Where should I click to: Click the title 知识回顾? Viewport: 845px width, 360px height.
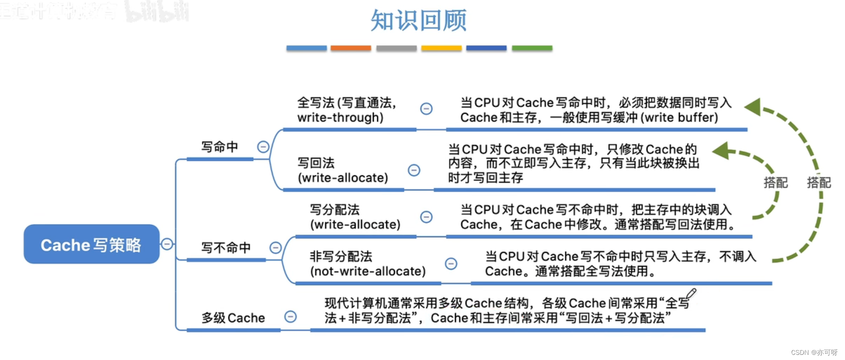(418, 21)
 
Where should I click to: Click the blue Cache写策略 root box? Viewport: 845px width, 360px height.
(91, 244)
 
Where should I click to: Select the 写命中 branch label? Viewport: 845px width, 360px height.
(219, 147)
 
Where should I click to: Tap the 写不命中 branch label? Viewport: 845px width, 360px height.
(226, 248)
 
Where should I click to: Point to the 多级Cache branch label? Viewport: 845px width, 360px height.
(233, 318)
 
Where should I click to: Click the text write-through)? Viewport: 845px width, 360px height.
(340, 118)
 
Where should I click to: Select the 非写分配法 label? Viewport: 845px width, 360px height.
(341, 257)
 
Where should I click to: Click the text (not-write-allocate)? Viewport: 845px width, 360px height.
(368, 272)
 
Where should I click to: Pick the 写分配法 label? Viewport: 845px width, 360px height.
(335, 210)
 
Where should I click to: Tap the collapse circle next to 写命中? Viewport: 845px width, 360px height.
(263, 147)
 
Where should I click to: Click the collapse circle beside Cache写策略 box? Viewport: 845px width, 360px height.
(167, 244)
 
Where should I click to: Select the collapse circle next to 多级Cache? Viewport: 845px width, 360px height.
(291, 317)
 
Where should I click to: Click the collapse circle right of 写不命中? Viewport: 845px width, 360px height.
(276, 248)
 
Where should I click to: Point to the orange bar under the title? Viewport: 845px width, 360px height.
(350, 48)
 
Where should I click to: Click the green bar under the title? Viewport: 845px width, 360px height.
(532, 48)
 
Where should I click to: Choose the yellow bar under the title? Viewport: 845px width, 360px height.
(441, 48)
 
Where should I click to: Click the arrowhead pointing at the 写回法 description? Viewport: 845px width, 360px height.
(721, 150)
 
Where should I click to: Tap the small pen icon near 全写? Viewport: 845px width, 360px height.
(691, 294)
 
